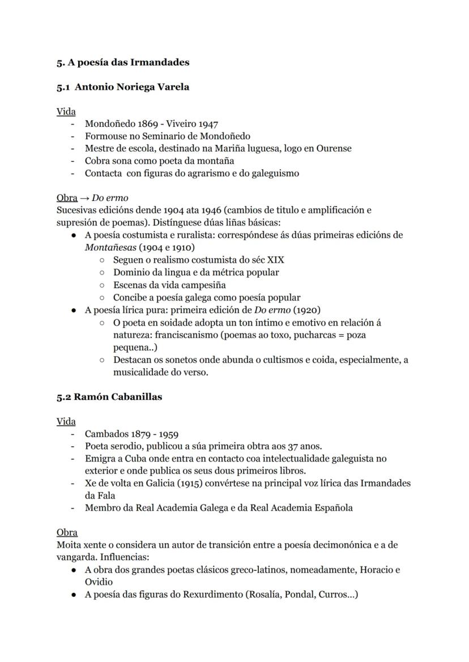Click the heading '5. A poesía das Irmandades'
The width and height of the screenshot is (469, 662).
[122, 62]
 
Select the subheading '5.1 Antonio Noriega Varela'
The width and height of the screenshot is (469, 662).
[123, 87]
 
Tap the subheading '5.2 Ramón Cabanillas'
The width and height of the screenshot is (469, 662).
[109, 396]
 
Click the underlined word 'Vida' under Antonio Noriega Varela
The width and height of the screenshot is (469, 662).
[66, 112]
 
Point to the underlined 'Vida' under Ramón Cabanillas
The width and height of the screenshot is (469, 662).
[66, 421]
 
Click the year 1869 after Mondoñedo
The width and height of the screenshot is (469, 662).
[150, 124]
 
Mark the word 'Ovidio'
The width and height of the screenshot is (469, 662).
[99, 582]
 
